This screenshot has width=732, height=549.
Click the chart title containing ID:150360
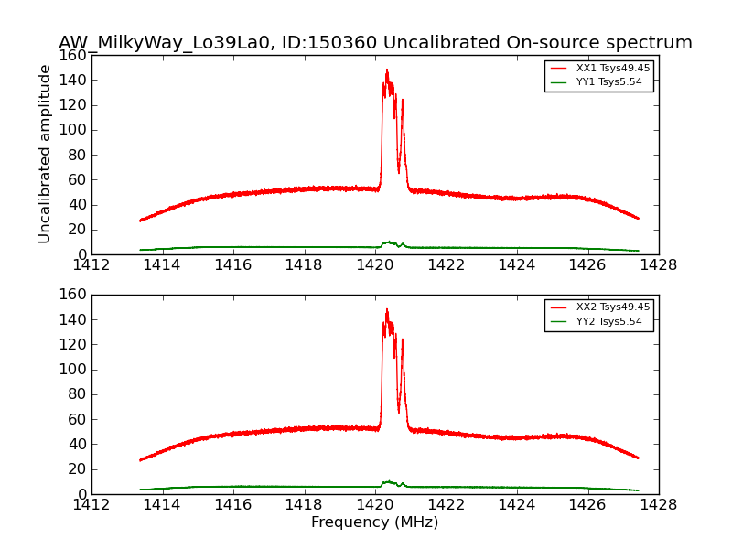click(x=375, y=43)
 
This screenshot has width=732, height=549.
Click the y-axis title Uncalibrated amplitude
click(x=45, y=154)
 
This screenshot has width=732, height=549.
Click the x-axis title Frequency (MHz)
click(x=374, y=522)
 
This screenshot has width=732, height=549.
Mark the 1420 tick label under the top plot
click(x=374, y=265)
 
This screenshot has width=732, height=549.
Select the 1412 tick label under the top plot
click(x=91, y=265)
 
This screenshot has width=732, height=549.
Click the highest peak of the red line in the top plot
click(x=386, y=70)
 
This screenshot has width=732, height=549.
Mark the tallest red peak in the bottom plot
click(x=386, y=309)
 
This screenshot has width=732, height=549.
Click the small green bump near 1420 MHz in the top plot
click(x=389, y=242)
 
